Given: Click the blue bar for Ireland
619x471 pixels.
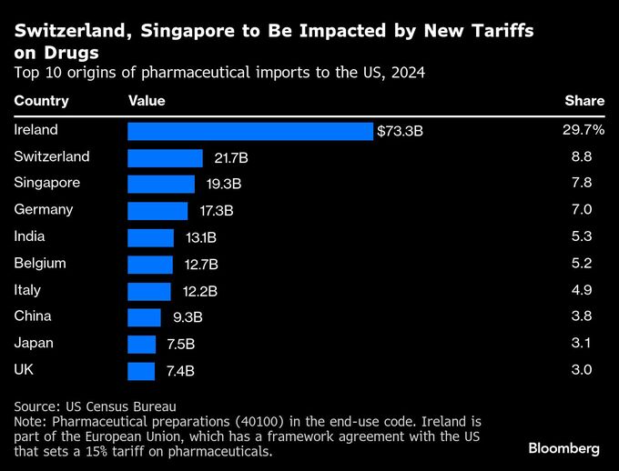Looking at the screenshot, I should pos(250,131).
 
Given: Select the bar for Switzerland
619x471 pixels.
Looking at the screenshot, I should pos(165,157).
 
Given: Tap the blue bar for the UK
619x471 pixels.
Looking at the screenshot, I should pos(141,370).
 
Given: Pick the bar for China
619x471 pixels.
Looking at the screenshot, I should pos(144,317).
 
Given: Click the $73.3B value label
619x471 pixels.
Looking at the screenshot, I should pos(401,131).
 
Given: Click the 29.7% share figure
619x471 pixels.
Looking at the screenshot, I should pos(583,130).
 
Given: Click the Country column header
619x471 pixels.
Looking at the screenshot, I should pos(41,101).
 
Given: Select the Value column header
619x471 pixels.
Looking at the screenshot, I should pos(147,101).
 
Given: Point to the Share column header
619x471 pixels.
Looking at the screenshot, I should pos(584,101).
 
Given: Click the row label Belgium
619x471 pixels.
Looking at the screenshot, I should pos(40,263).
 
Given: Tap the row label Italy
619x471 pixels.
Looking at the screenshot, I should pos(27,290).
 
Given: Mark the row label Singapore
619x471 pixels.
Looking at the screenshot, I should pos(47,183).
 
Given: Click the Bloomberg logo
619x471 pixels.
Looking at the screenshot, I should pos(563,448).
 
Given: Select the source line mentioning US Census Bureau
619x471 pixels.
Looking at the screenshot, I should pos(95,406).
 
